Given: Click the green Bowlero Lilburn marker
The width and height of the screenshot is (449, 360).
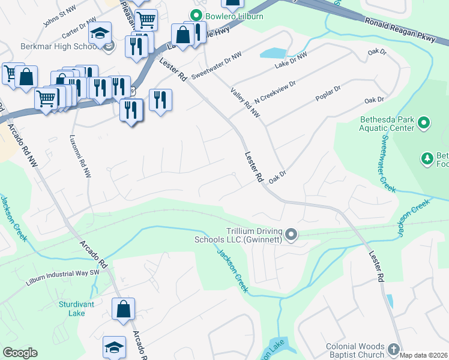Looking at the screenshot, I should (195, 16).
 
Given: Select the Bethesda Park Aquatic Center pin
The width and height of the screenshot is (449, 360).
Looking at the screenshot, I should (424, 124).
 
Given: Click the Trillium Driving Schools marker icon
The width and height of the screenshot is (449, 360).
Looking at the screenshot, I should (291, 235).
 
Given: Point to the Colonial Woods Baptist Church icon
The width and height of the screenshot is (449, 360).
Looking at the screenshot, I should (393, 349).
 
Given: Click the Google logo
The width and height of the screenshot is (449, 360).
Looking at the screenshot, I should (20, 353).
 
